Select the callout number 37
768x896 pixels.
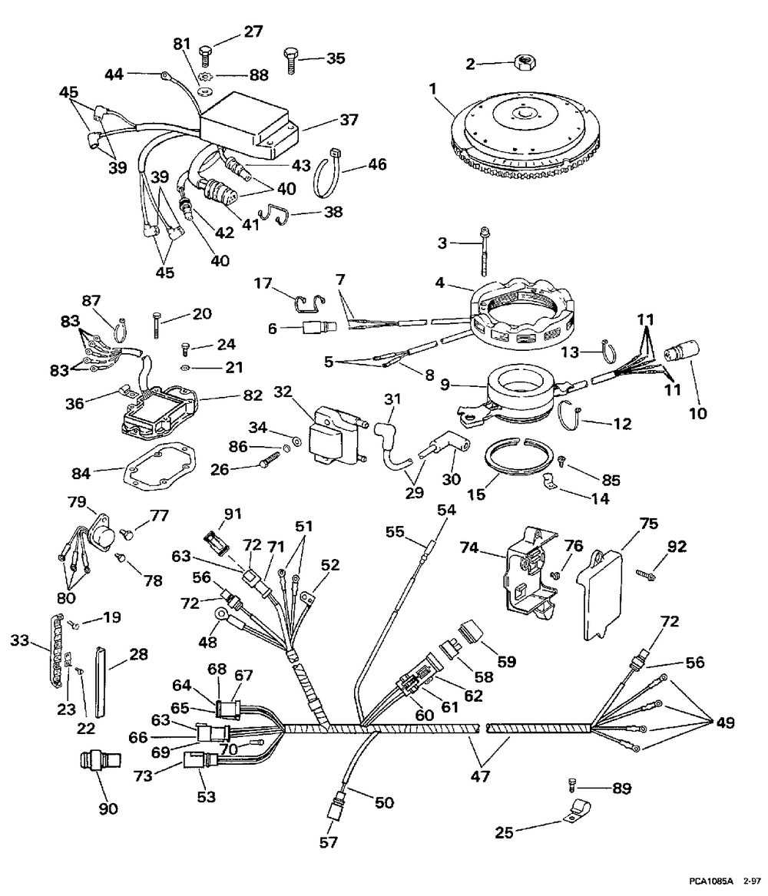[349, 120]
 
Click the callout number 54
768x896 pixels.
[446, 511]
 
